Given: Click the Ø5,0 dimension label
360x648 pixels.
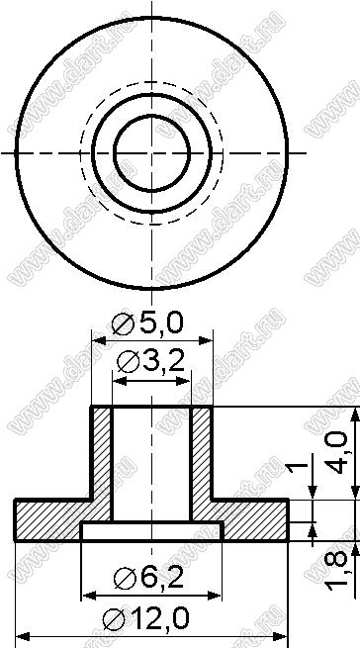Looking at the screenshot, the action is (x=147, y=324).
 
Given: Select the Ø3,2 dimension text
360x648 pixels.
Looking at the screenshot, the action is (x=150, y=363).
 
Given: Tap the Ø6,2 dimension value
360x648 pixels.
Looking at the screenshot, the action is (x=148, y=578).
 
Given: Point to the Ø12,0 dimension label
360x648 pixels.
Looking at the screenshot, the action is (x=146, y=618).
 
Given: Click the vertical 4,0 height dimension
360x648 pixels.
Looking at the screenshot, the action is (x=336, y=452).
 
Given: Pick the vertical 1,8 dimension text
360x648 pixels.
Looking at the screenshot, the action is (x=336, y=570).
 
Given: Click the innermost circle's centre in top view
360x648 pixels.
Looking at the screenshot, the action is (x=151, y=153).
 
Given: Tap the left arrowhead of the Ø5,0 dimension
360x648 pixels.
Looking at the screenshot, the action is (x=98, y=340).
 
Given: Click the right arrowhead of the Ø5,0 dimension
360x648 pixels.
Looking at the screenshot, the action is (x=206, y=340).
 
